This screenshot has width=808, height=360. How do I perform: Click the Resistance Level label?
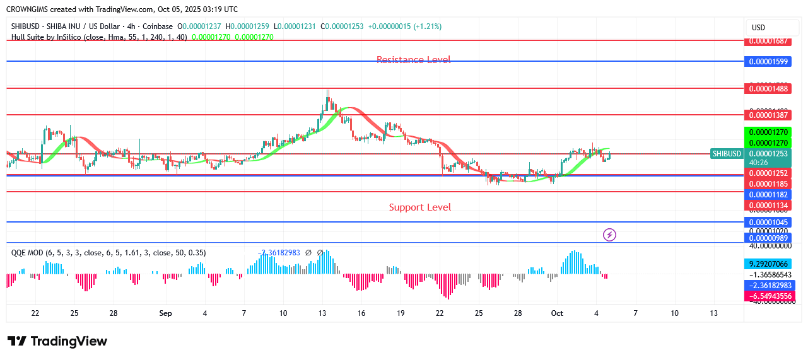pyautogui.click(x=413, y=60)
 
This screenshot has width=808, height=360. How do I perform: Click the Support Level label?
pyautogui.click(x=419, y=207)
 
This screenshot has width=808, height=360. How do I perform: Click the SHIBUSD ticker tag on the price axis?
pyautogui.click(x=726, y=153)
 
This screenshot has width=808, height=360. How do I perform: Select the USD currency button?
pyautogui.click(x=758, y=28)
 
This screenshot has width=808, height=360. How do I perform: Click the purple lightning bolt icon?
pyautogui.click(x=609, y=235)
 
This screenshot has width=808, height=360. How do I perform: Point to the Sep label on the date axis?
pyautogui.click(x=165, y=313)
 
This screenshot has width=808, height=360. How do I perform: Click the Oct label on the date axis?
pyautogui.click(x=556, y=313)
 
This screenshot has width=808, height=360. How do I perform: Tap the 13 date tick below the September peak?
pyautogui.click(x=322, y=313)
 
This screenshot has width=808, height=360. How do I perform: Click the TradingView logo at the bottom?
pyautogui.click(x=57, y=341)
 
